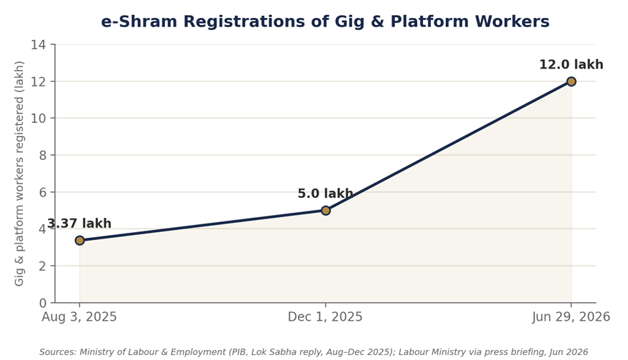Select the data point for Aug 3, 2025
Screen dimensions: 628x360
(x=80, y=240)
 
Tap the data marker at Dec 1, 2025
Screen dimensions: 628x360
(x=326, y=210)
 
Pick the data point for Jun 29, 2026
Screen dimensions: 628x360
(x=571, y=81)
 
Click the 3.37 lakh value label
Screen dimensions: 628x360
(x=79, y=224)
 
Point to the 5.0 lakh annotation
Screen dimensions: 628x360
(x=325, y=194)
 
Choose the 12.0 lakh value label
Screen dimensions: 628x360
(x=571, y=64)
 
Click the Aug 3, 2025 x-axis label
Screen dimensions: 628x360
(x=79, y=316)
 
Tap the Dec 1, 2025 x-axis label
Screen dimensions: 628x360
(x=325, y=316)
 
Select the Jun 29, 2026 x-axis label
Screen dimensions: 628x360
(x=571, y=316)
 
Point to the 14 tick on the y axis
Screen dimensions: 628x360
(x=39, y=44)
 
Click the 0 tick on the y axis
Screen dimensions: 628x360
(x=43, y=303)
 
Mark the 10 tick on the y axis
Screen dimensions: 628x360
(x=39, y=118)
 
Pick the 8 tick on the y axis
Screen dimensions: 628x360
(x=43, y=155)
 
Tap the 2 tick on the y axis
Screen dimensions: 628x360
(x=43, y=266)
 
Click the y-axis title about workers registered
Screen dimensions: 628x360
(x=19, y=174)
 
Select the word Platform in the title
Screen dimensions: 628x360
(x=430, y=21)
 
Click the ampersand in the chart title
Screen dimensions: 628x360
(x=377, y=21)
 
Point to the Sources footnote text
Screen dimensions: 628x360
(x=314, y=352)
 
